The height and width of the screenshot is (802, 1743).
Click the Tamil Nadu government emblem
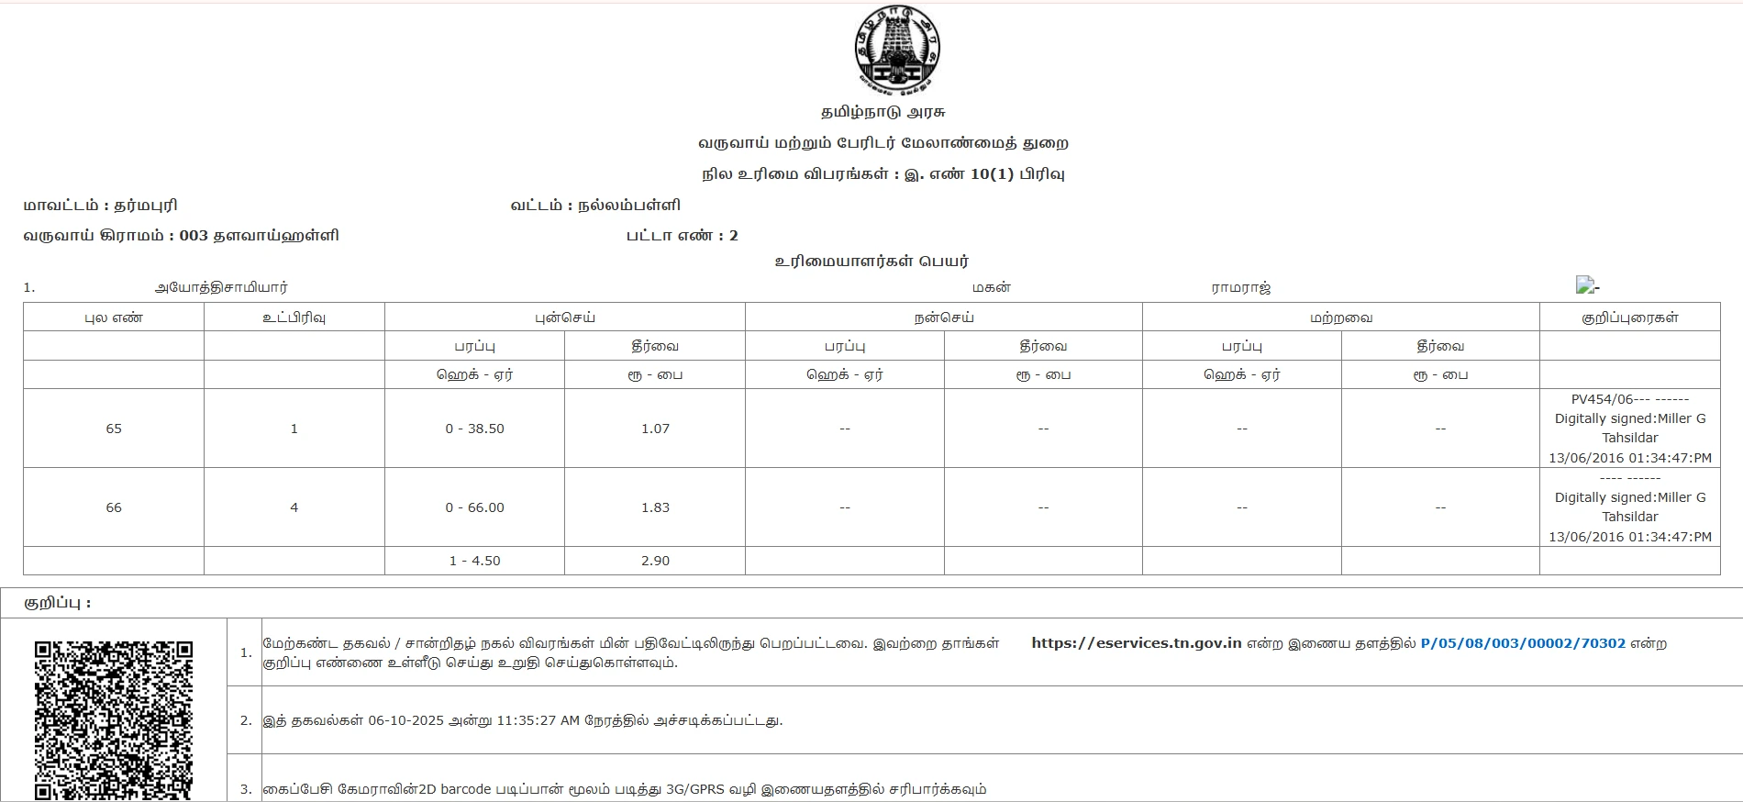pos(896,50)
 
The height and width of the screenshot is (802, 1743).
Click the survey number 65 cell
pos(114,429)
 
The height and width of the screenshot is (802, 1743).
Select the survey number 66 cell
pos(114,507)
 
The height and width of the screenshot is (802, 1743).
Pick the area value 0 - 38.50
pos(474,429)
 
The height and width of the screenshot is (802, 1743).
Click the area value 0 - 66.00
pos(474,507)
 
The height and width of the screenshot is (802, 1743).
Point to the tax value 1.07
pos(655,429)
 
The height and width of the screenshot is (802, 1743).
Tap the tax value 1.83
pos(655,507)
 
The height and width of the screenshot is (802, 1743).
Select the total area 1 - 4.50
pos(474,561)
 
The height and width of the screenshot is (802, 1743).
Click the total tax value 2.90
pos(655,561)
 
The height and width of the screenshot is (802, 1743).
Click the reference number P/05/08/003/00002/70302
pos(1523,643)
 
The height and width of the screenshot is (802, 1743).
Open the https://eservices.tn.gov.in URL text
pos(1136,643)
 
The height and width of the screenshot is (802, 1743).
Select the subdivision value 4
pos(294,507)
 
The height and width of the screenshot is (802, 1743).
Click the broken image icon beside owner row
pos(1585,285)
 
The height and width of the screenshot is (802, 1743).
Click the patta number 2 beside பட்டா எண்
pos(733,236)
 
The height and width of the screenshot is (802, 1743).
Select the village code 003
pos(194,236)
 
